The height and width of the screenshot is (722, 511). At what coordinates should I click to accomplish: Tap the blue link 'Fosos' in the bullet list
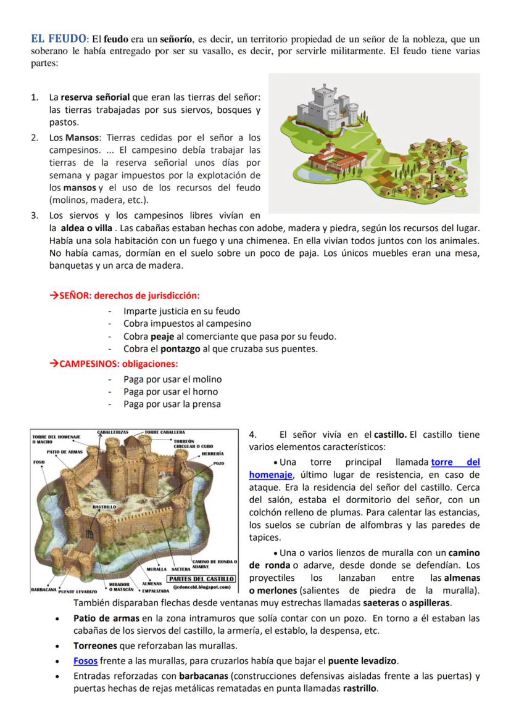point(85,660)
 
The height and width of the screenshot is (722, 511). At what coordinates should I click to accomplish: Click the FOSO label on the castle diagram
point(38,461)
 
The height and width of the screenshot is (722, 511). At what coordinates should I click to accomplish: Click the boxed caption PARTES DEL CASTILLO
point(201,579)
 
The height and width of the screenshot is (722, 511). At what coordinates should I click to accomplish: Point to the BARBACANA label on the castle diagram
point(44,589)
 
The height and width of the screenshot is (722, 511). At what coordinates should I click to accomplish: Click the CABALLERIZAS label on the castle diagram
point(113,432)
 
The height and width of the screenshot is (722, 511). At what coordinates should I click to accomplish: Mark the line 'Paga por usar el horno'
point(170,392)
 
